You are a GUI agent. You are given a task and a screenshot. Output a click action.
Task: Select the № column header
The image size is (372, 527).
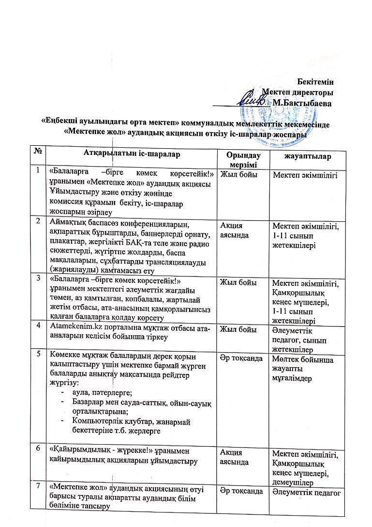pyautogui.click(x=38, y=154)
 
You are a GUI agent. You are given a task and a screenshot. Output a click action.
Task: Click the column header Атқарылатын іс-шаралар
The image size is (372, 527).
pyautogui.click(x=132, y=154)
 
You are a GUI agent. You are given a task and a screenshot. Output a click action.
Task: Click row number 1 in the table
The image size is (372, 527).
pyautogui.click(x=38, y=170)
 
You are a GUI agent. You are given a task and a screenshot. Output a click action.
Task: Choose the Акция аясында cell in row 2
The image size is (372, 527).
pyautogui.click(x=235, y=230)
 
